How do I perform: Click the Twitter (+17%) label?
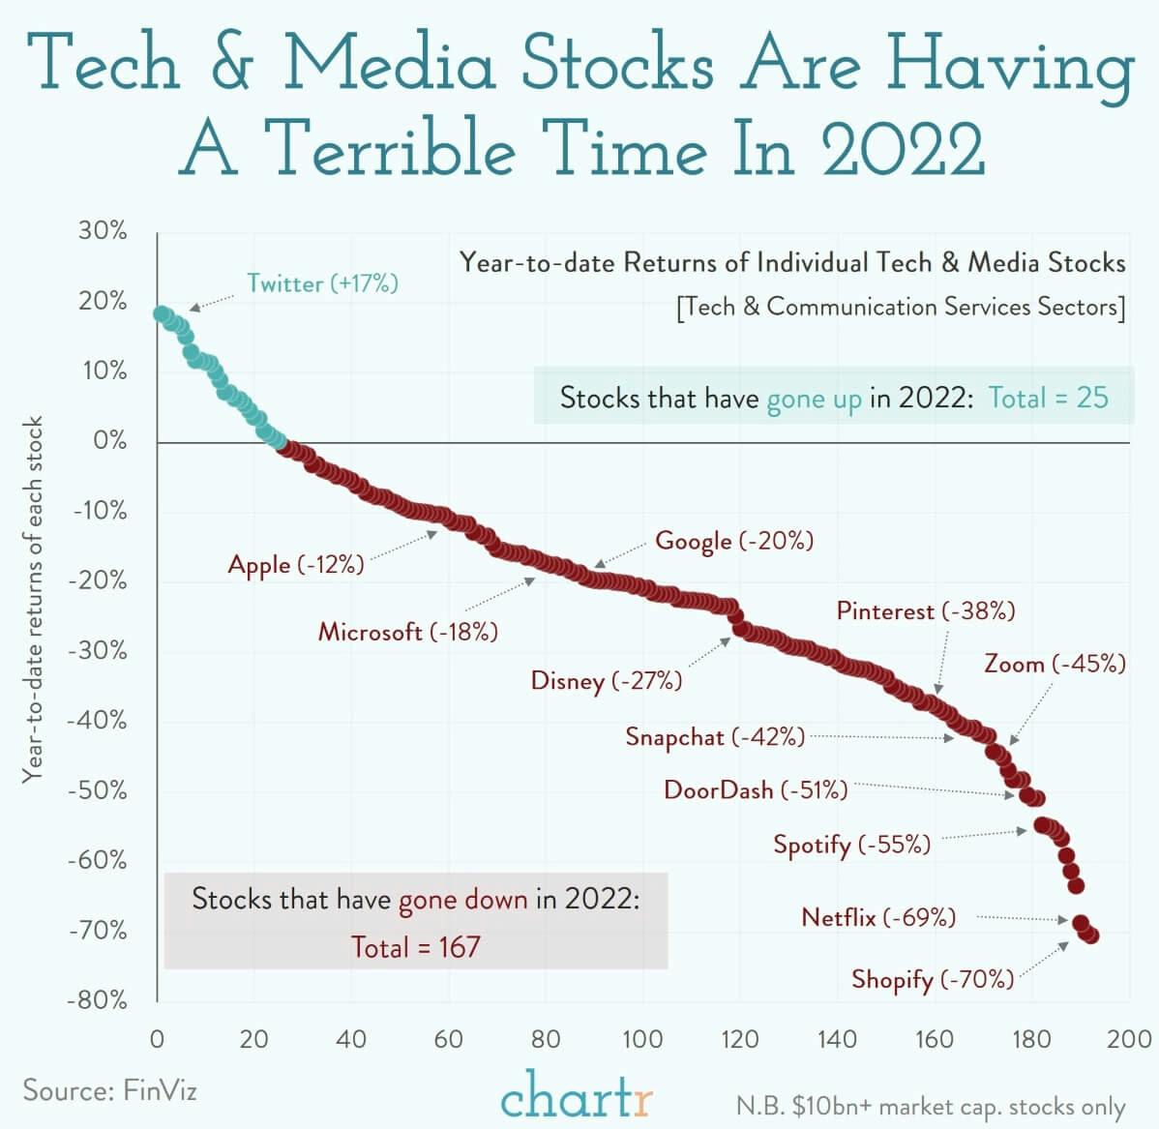point(322,283)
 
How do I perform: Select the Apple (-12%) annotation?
point(296,565)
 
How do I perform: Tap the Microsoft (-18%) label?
point(408,633)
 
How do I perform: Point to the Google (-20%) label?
point(734,541)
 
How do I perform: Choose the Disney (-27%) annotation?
point(607,681)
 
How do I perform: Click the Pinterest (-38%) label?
point(926,611)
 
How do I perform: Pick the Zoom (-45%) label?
point(1055,665)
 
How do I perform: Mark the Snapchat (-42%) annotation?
point(715,737)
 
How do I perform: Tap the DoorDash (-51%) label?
point(756,790)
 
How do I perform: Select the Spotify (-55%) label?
point(851,845)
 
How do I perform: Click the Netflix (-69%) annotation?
point(878,917)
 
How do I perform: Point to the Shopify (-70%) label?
point(933,979)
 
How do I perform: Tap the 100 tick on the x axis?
point(642,1040)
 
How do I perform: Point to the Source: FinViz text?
point(110,1091)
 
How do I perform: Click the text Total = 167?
point(415,946)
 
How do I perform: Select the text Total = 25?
point(1048,398)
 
